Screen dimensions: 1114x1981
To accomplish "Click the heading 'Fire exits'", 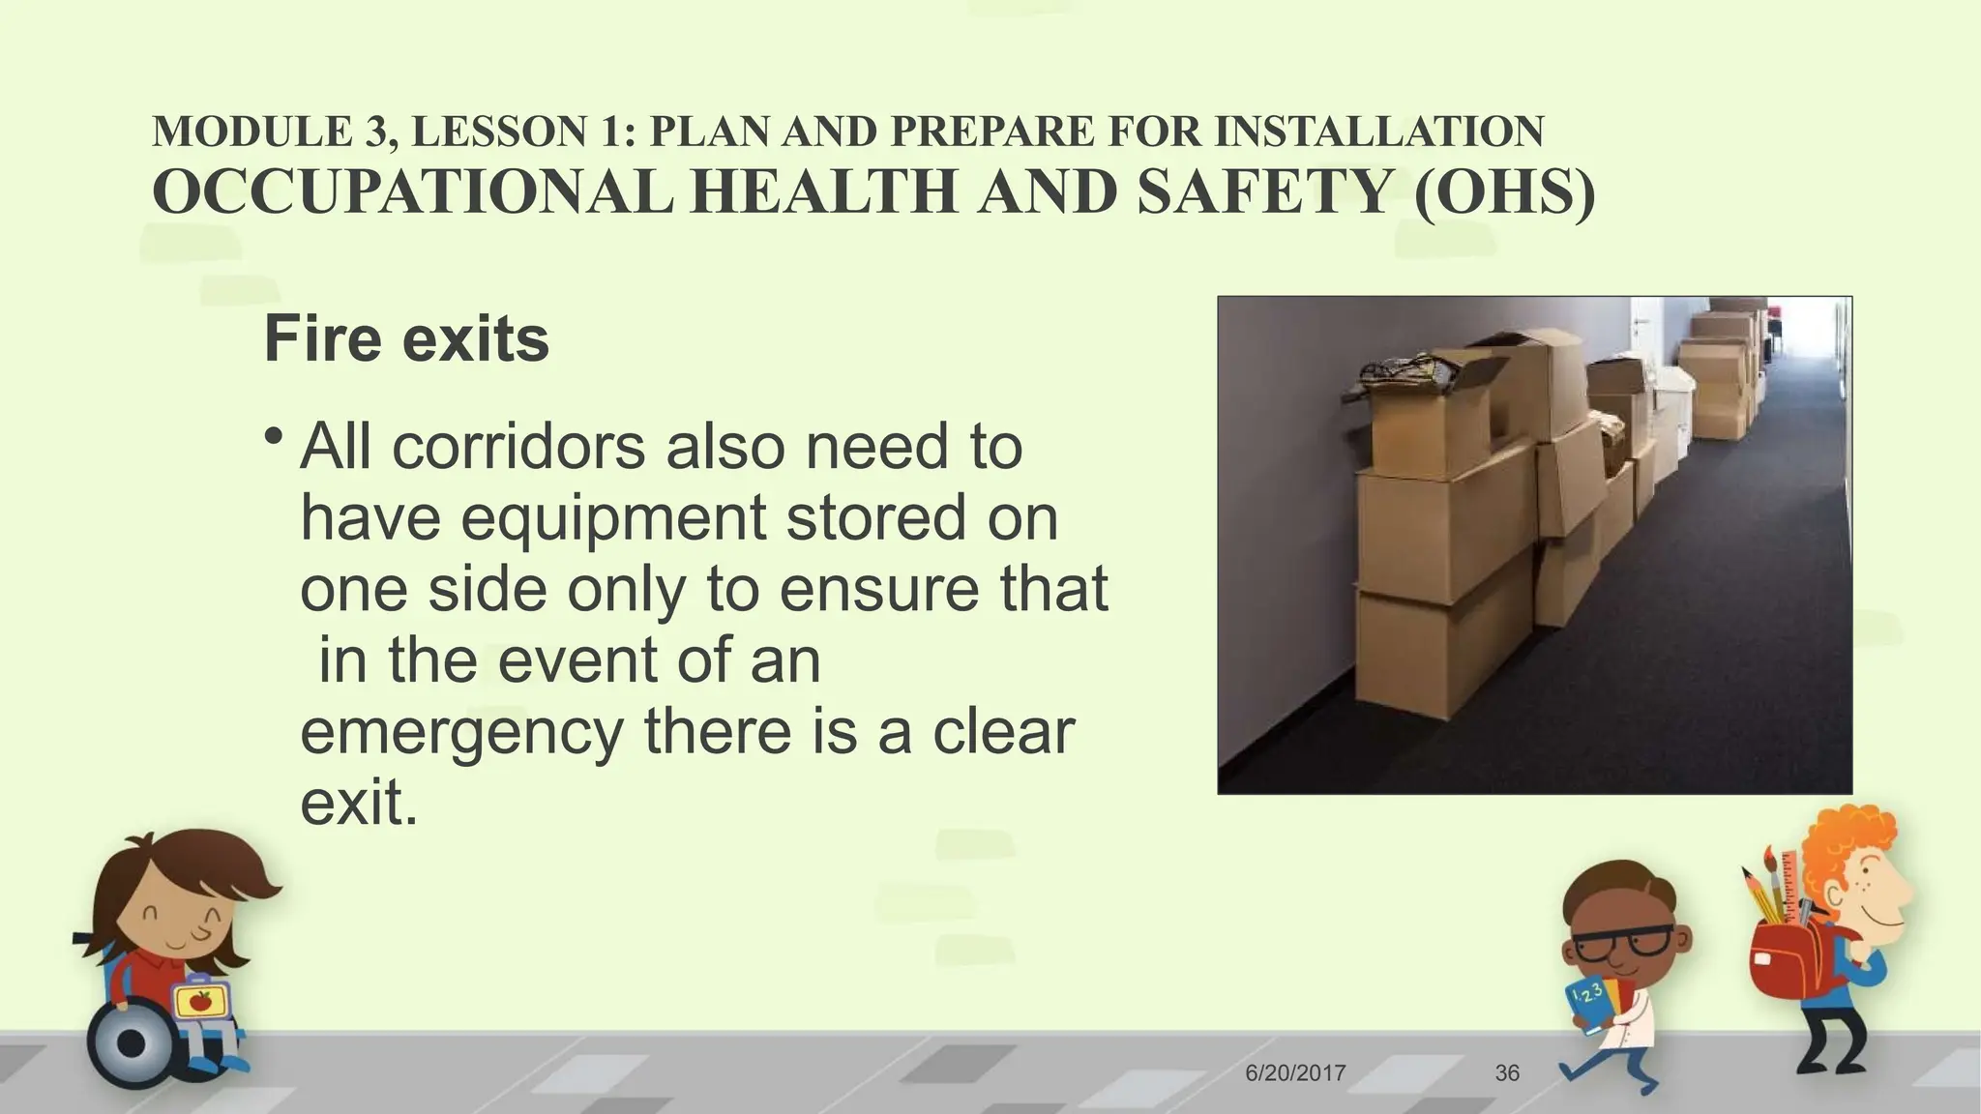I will pyautogui.click(x=406, y=339).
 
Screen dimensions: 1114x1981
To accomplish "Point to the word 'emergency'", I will pyautogui.click(x=461, y=732).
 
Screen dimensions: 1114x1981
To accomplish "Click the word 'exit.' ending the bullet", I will pyautogui.click(x=359, y=803).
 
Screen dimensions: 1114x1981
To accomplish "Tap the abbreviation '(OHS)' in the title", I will pyautogui.click(x=1504, y=191).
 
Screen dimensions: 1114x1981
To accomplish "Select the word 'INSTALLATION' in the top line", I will pyautogui.click(x=1378, y=132).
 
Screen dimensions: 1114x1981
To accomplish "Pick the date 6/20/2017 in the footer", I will pyautogui.click(x=1295, y=1072).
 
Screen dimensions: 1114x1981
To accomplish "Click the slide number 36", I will pyautogui.click(x=1507, y=1072).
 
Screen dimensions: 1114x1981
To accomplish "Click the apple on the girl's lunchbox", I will pyautogui.click(x=200, y=1000).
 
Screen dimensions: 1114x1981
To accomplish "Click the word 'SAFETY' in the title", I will pyautogui.click(x=1263, y=191).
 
